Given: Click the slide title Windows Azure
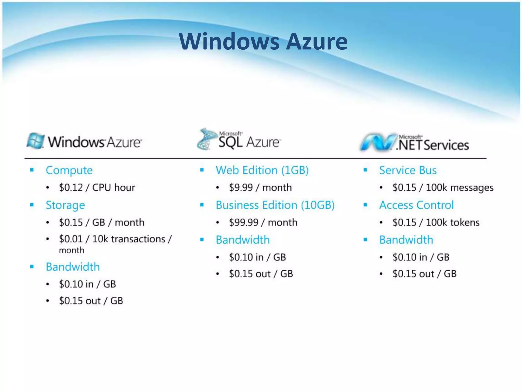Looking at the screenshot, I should [263, 41].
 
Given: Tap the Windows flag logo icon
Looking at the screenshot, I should [35, 141].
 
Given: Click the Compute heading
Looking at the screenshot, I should [69, 170].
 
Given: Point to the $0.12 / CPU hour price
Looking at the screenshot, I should [97, 188].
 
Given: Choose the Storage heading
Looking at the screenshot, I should [65, 205].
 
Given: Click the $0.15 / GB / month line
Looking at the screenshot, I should [101, 222].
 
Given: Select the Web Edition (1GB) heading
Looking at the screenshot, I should [262, 170].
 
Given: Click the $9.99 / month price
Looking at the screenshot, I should [260, 188].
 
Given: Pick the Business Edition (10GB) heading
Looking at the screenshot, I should [275, 205].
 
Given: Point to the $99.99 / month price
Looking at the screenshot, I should [263, 222].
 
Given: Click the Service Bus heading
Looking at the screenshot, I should [408, 170].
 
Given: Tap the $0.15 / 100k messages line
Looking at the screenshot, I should [443, 188].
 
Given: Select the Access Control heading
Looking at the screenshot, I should [416, 205].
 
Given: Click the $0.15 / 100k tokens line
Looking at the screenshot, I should [436, 222].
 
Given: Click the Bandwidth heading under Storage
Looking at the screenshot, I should [73, 267].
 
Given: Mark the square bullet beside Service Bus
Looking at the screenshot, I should [365, 170].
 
